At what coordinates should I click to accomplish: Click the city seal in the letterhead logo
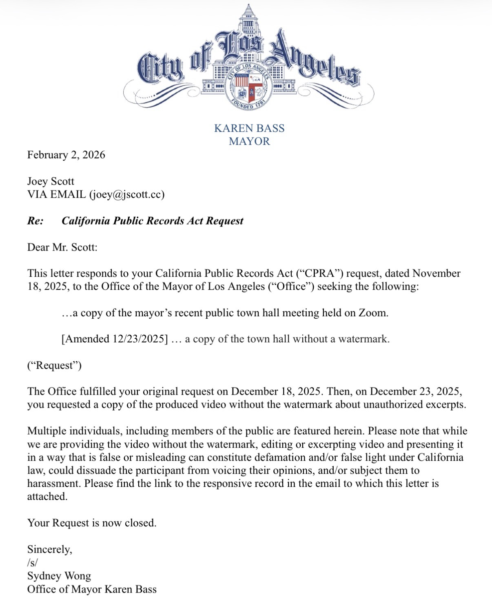point(249,87)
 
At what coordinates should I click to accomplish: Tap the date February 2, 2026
point(66,155)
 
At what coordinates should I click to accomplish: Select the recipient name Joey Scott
point(51,181)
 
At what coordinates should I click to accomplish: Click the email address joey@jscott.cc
point(126,194)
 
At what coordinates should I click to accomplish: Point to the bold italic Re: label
point(35,221)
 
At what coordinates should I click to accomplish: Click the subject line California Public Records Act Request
point(152,221)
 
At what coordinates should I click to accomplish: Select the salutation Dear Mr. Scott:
point(62,247)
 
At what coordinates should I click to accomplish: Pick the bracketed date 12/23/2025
point(138,339)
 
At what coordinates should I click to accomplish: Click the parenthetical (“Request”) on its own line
point(54,365)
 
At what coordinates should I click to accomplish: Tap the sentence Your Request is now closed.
point(92,523)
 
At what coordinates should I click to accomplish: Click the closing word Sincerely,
point(50,549)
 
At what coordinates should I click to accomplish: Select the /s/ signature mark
point(32,562)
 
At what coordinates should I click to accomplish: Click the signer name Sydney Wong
point(59,576)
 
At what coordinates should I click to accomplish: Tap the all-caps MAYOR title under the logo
point(249,142)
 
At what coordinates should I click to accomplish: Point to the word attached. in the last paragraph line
point(47,497)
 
